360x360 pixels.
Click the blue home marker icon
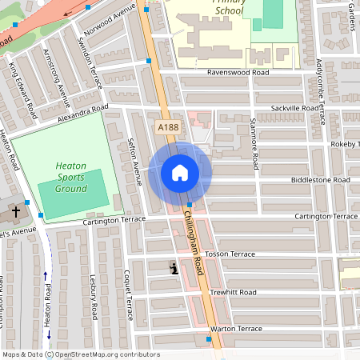180,173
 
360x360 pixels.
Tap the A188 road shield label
168,127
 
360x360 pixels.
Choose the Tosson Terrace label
230,254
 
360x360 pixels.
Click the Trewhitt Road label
232,292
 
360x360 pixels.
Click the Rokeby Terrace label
346,144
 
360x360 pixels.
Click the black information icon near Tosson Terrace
174,270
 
